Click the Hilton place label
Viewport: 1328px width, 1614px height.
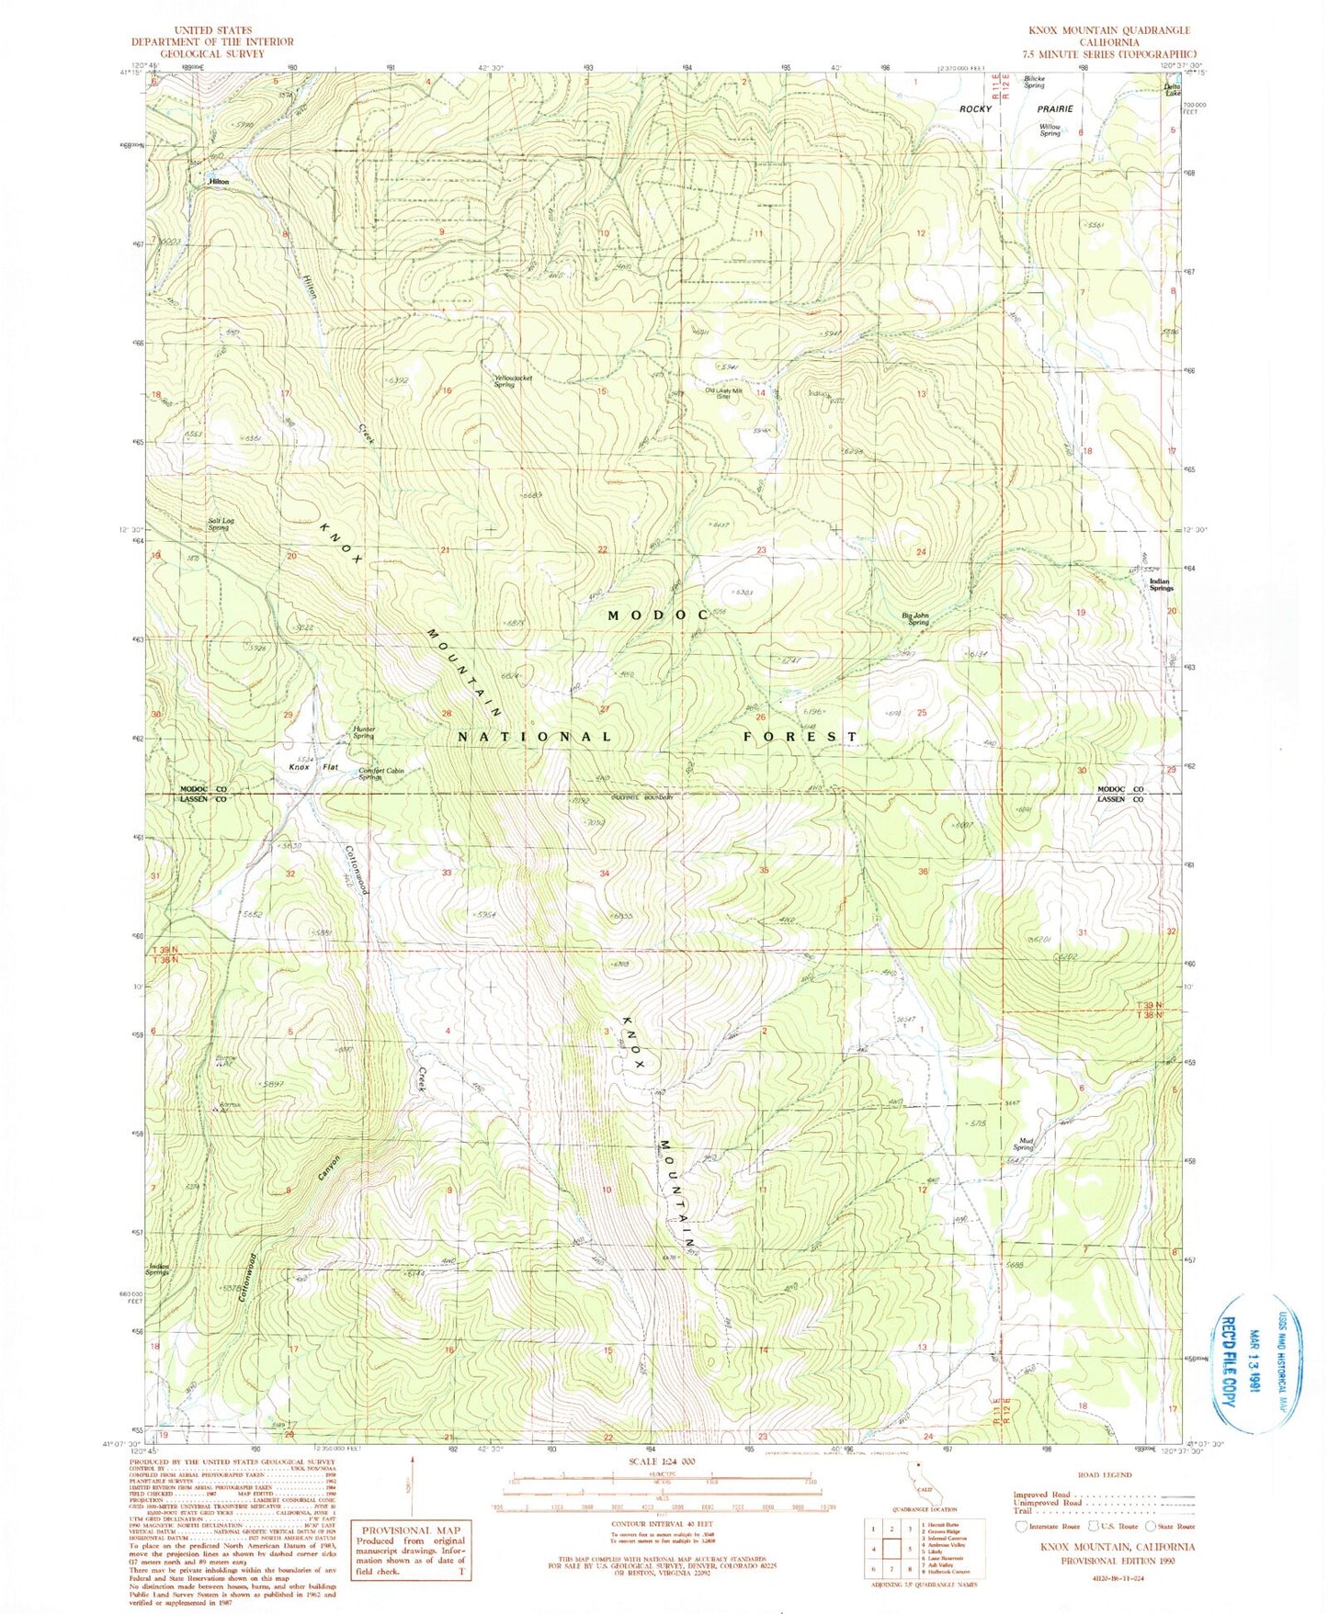coord(219,182)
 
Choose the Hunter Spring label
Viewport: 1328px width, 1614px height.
coord(364,733)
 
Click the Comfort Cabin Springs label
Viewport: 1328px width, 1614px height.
coord(381,774)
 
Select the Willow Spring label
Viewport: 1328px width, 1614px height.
coord(1050,130)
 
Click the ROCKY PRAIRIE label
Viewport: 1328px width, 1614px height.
coord(1015,109)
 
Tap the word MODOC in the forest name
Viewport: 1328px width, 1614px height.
coord(657,615)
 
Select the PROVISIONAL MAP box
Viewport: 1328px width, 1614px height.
coord(411,1552)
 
